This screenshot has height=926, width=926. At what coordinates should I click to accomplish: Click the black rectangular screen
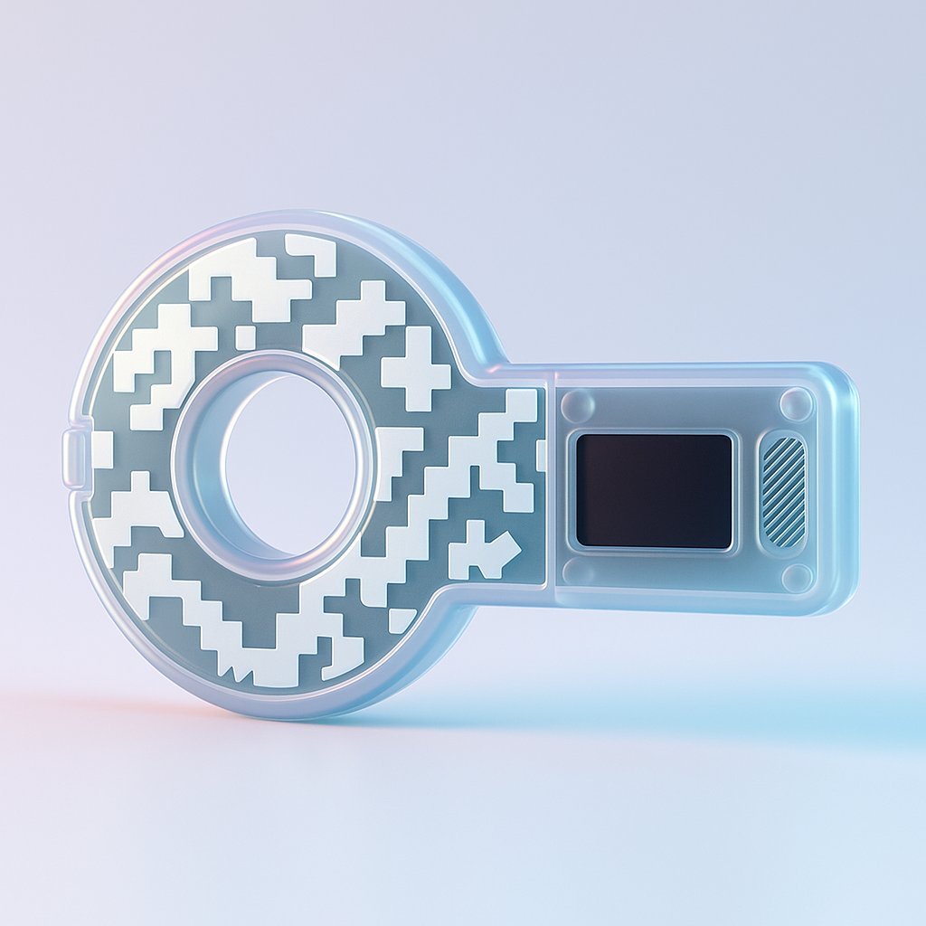[654, 490]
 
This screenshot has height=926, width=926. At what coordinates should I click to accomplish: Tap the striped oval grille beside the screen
[783, 491]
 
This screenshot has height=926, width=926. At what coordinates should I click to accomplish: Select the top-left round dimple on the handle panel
[578, 404]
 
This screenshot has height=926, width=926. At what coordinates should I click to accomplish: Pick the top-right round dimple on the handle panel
[796, 402]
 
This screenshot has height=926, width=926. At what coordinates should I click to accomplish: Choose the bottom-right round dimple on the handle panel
[797, 577]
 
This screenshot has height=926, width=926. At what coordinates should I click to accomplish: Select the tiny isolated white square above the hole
[245, 337]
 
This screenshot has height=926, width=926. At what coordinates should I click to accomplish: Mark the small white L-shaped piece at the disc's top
[312, 252]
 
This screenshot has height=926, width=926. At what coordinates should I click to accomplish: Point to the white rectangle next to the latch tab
[102, 449]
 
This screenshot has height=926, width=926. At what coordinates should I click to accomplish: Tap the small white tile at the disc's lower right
[401, 619]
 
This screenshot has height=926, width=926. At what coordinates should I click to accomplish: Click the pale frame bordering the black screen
[654, 433]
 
